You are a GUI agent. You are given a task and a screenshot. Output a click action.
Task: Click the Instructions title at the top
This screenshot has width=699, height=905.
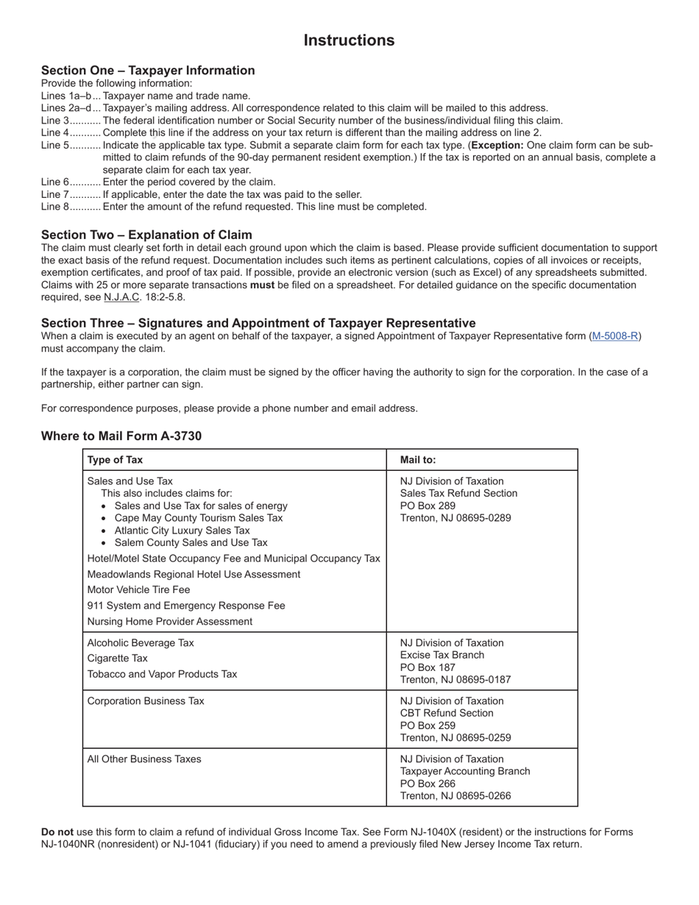pyautogui.click(x=349, y=40)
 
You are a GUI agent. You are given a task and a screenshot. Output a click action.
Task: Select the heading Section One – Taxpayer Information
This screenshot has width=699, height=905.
pyautogui.click(x=148, y=71)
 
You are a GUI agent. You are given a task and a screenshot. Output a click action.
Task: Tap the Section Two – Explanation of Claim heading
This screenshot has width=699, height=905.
pyautogui.click(x=146, y=235)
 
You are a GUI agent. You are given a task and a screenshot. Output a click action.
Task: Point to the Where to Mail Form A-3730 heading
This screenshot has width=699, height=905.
pyautogui.click(x=121, y=436)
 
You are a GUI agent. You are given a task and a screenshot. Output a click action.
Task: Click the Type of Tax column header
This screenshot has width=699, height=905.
pyautogui.click(x=116, y=460)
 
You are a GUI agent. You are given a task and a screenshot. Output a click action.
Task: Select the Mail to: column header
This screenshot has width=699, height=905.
pyautogui.click(x=418, y=460)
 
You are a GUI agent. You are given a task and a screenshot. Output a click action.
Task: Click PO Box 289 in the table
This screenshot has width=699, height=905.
pyautogui.click(x=427, y=505)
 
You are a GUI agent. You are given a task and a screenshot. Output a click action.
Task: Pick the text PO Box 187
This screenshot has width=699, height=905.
pyautogui.click(x=427, y=667)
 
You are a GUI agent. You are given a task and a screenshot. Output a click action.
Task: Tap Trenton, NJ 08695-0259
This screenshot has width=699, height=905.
pyautogui.click(x=455, y=738)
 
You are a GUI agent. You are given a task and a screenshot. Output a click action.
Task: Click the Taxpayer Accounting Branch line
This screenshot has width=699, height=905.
pyautogui.click(x=465, y=771)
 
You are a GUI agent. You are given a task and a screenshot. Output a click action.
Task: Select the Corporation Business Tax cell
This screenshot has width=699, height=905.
pyautogui.click(x=146, y=701)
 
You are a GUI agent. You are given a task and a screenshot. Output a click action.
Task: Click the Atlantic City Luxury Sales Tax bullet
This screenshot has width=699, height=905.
pyautogui.click(x=182, y=530)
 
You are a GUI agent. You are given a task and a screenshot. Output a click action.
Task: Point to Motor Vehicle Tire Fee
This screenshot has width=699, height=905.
pyautogui.click(x=138, y=590)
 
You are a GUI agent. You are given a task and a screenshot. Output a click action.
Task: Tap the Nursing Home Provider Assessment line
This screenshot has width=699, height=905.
pyautogui.click(x=169, y=622)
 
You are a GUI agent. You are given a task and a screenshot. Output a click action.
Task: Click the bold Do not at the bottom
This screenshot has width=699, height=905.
pyautogui.click(x=57, y=832)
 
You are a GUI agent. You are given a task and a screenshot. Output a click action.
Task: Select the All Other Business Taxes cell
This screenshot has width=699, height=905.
pyautogui.click(x=144, y=759)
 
